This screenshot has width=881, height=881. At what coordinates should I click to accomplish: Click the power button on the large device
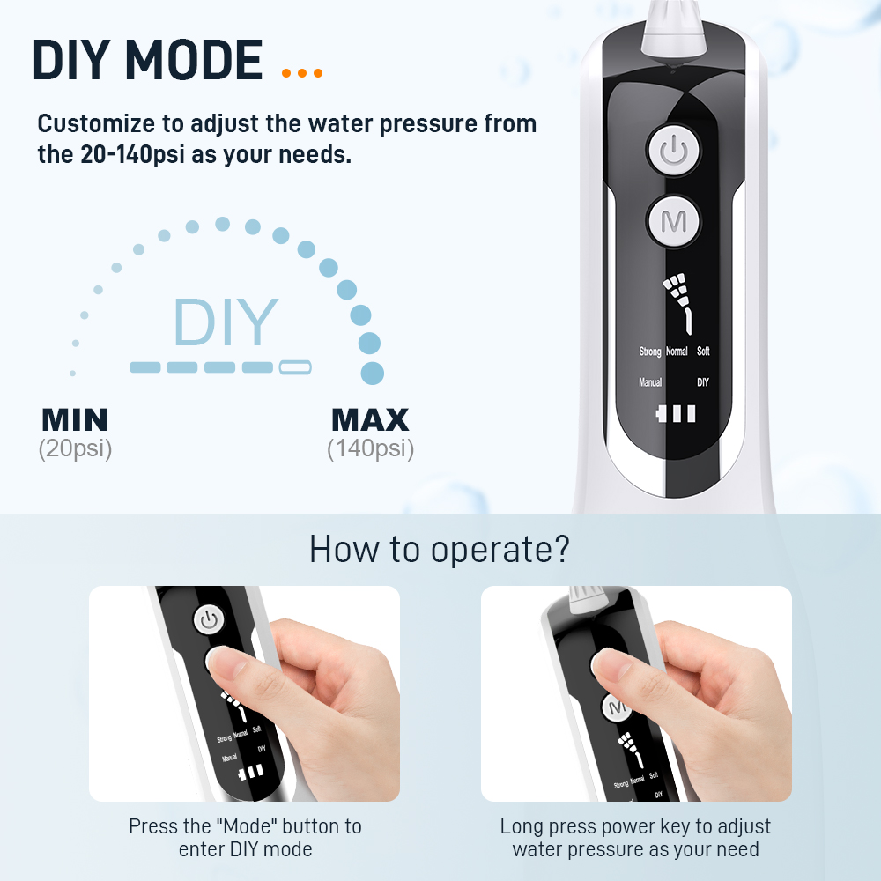coord(673,151)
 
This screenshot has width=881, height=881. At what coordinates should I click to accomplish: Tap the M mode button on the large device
coord(673,221)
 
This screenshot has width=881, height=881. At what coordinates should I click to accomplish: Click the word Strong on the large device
coord(650,352)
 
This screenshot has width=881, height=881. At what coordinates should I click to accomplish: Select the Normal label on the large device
coord(677,352)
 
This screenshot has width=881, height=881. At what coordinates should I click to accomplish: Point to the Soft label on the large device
coord(703,352)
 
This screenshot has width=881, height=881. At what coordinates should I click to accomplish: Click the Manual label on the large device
coord(650,382)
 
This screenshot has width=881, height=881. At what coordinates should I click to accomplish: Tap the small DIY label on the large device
coord(703,382)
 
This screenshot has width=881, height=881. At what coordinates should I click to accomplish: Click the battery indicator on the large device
coord(676,413)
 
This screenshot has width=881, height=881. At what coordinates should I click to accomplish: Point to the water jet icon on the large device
coord(678,303)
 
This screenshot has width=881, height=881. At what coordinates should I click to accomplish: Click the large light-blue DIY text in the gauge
coord(226,322)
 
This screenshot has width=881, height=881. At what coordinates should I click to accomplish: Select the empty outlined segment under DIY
coord(295,366)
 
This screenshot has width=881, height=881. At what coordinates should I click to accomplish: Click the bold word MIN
coord(75,419)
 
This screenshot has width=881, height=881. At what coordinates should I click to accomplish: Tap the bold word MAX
coord(370,419)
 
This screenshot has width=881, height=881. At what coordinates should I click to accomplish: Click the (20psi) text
coord(75,449)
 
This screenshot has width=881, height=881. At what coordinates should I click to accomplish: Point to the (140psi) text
coord(371,449)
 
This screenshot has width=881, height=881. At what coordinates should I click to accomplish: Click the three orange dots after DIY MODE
coord(302,73)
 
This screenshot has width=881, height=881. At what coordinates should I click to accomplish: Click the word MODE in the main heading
coord(194,60)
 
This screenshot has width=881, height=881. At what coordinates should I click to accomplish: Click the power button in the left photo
coord(209,619)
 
